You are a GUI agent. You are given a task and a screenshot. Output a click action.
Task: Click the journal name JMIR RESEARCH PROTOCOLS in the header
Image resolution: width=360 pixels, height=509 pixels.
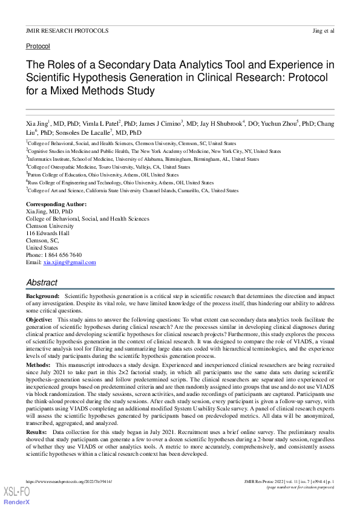(x=67, y=30)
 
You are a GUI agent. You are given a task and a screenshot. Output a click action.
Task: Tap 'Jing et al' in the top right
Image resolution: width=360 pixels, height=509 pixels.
(x=322, y=30)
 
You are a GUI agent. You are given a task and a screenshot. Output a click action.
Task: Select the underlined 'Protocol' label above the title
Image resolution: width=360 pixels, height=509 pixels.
(x=38, y=46)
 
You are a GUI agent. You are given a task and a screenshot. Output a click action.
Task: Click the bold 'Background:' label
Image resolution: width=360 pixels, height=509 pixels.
(x=42, y=296)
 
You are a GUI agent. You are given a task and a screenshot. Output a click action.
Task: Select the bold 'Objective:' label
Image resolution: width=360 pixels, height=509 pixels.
(x=39, y=318)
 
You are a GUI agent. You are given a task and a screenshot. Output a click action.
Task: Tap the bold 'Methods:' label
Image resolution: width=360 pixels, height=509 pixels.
(x=38, y=366)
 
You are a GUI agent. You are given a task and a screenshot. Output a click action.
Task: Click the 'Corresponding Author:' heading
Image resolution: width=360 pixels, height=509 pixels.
(x=56, y=204)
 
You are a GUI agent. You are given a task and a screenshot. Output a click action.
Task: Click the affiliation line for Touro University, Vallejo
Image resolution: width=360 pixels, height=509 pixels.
(x=110, y=167)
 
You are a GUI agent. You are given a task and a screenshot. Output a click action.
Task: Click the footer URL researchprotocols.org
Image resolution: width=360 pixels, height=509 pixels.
(x=70, y=482)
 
